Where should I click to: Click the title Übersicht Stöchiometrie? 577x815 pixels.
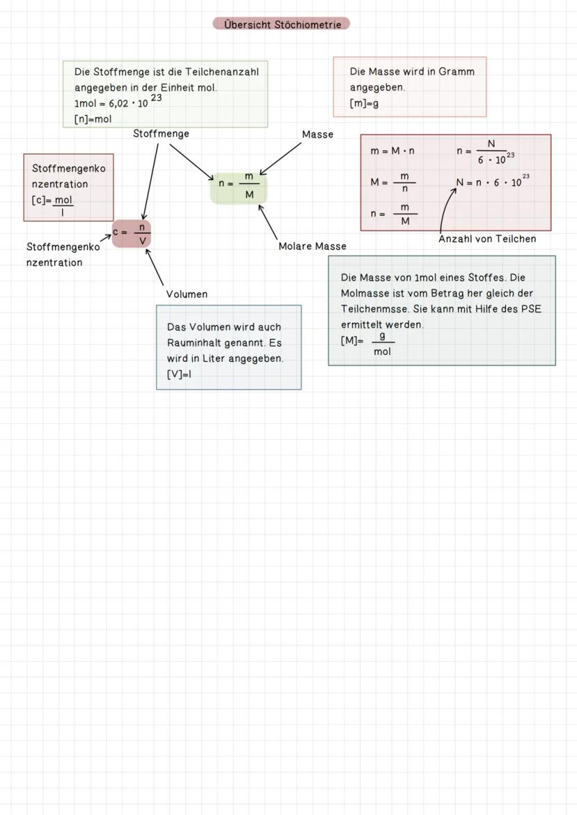tap(282, 24)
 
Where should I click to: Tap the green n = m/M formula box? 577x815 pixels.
tap(239, 186)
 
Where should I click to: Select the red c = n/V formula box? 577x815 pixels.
tap(132, 233)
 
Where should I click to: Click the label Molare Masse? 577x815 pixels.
tap(312, 246)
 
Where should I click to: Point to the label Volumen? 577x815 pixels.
tap(187, 294)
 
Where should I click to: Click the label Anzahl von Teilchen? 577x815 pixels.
tap(487, 239)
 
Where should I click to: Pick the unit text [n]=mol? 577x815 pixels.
tap(93, 119)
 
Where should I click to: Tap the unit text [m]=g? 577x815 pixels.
tap(364, 104)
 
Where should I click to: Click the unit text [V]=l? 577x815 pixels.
tap(179, 374)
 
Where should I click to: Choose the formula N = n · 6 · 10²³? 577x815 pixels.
tap(491, 183)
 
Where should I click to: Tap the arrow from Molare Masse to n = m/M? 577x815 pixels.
tap(268, 222)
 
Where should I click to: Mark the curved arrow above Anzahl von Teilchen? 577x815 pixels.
tap(446, 208)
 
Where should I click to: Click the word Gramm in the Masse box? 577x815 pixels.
tap(456, 72)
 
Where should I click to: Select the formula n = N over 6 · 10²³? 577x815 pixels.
tap(486, 151)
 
